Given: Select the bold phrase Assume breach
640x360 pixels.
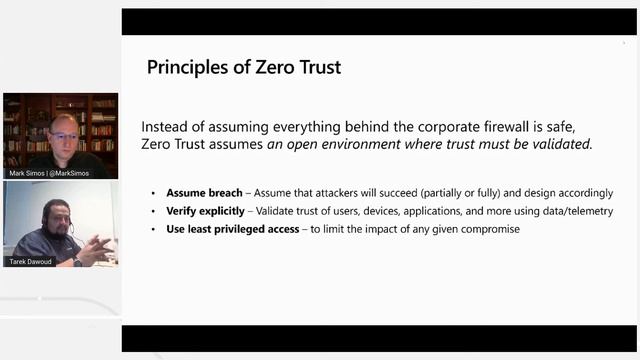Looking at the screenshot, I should click(x=204, y=193).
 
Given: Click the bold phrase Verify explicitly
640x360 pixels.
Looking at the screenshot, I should click(x=205, y=211).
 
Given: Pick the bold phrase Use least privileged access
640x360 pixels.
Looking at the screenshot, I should click(x=233, y=229).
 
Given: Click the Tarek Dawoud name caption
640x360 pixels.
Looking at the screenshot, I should click(x=33, y=262).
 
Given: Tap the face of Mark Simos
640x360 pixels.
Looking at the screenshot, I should click(x=62, y=132).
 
